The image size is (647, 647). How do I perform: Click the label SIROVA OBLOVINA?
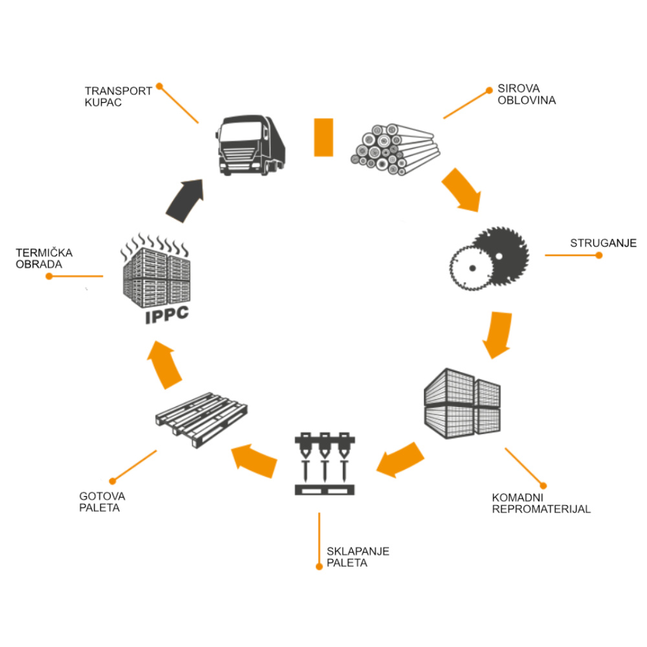[x=526, y=94]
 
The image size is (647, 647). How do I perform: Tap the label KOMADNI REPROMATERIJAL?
[x=541, y=503]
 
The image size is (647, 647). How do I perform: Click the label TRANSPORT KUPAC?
[x=118, y=96]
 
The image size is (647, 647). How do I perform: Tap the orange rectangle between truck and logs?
[x=323, y=137]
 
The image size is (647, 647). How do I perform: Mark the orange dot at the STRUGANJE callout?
[x=598, y=256]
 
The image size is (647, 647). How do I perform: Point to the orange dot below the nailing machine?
[x=318, y=567]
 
